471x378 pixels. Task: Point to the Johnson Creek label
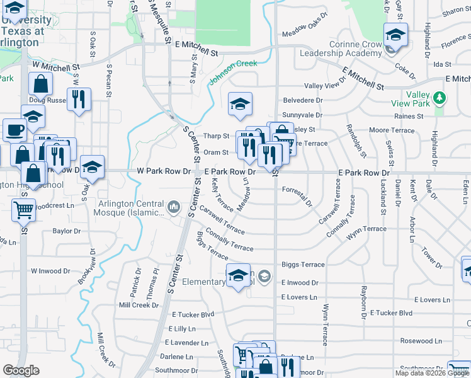233,72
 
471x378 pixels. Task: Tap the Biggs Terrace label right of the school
303,265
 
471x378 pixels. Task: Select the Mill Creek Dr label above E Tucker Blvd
139,305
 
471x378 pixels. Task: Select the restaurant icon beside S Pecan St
79,100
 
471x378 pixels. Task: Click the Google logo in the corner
21,370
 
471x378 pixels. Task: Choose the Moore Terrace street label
392,130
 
